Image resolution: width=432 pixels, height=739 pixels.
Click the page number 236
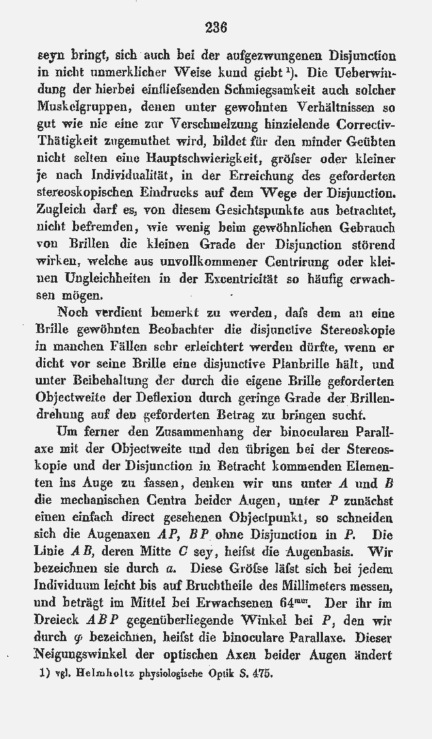[215, 27]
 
